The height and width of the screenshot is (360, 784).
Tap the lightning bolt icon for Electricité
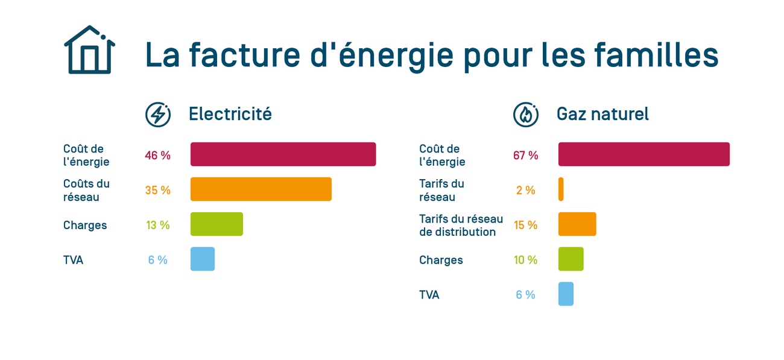click(158, 114)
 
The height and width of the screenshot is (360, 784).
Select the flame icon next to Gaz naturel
click(526, 114)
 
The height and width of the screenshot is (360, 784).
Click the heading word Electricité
click(230, 114)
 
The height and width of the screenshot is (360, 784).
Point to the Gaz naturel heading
click(602, 114)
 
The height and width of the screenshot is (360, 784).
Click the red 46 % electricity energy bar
click(283, 154)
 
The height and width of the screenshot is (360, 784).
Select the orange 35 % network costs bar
click(261, 189)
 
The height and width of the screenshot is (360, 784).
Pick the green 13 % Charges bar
click(217, 224)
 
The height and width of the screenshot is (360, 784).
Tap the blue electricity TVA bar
click(202, 259)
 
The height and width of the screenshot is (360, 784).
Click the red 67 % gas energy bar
click(643, 154)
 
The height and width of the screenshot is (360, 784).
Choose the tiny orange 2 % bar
click(561, 189)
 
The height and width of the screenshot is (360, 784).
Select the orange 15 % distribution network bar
click(577, 224)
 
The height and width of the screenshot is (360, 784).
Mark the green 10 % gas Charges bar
click(571, 259)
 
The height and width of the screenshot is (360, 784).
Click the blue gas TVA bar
click(566, 294)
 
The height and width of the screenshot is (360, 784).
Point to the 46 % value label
click(157, 156)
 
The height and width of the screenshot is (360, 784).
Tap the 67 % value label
click(525, 156)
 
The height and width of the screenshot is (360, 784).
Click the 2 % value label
click(525, 191)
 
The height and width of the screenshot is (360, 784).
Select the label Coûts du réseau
click(86, 190)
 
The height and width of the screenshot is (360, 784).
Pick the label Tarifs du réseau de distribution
click(461, 226)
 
